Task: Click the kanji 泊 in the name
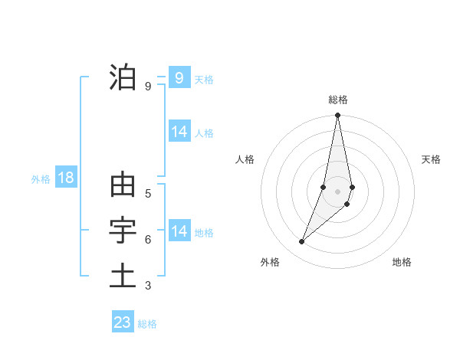pos(123,77)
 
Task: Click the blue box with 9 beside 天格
pos(179,77)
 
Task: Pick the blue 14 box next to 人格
pos(179,132)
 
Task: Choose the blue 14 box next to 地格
pos(179,231)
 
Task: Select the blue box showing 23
pos(123,322)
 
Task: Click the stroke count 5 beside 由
pos(148,193)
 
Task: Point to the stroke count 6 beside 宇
pos(148,240)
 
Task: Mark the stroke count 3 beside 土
pos(148,286)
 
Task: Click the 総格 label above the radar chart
pos(338,100)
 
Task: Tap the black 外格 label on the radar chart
pos(270,262)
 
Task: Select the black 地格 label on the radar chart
pos(402,262)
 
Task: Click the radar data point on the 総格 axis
pos(338,116)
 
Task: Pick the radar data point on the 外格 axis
pos(302,242)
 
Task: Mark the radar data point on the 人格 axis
pos(324,187)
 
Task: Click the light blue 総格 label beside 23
pos(147,324)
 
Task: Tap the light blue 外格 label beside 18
pos(40,179)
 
